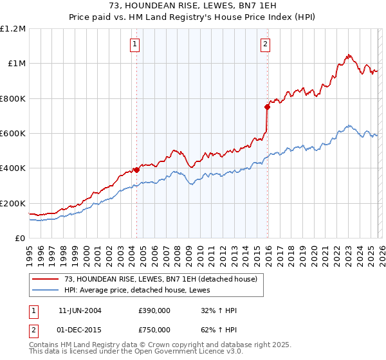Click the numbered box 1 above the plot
click(x=135, y=44)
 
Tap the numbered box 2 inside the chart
click(x=265, y=44)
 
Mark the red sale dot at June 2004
click(x=136, y=170)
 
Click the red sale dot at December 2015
click(x=268, y=107)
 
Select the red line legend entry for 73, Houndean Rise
click(x=160, y=279)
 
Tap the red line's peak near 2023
click(x=348, y=55)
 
